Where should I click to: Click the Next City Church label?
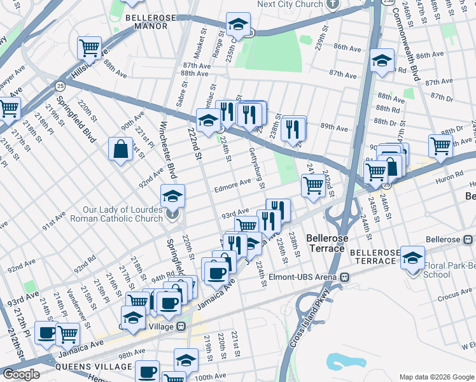290,4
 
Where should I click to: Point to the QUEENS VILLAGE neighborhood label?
94,367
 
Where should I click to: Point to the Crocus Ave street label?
454,295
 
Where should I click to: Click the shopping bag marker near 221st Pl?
120,150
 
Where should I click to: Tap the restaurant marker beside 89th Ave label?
293,127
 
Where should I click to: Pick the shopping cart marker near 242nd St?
312,185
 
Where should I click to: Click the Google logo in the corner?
21,374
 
